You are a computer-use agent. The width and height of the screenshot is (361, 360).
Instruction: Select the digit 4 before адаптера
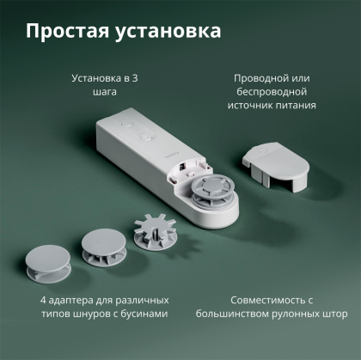coord(42,301)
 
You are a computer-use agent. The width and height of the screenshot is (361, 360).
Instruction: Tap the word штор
coord(334,314)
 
